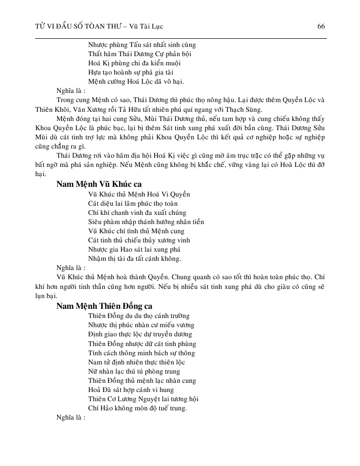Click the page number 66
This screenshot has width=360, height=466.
pos(321,26)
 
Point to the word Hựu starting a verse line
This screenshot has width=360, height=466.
pos(94,72)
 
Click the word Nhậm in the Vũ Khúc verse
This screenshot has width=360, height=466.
pos(97,259)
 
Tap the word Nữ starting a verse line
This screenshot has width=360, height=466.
pos(92,371)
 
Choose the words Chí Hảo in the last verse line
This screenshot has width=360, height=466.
pos(101,408)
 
